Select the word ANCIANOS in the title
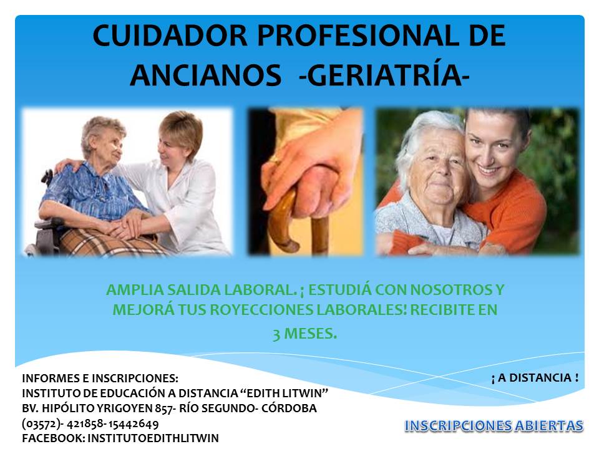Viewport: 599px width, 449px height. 206,75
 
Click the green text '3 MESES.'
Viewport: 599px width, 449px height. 305,334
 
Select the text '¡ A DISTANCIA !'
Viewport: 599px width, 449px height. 535,378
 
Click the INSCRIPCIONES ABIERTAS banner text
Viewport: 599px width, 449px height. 494,426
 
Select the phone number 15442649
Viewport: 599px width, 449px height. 134,424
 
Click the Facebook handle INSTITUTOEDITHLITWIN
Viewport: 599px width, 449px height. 153,438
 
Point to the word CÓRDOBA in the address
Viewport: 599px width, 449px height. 289,408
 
